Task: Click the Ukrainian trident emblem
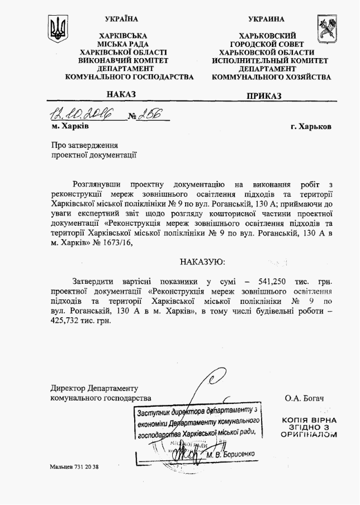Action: click(x=58, y=28)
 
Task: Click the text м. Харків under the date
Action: click(x=71, y=126)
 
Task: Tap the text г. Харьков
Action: click(x=311, y=126)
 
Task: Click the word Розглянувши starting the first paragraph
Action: click(x=97, y=184)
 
